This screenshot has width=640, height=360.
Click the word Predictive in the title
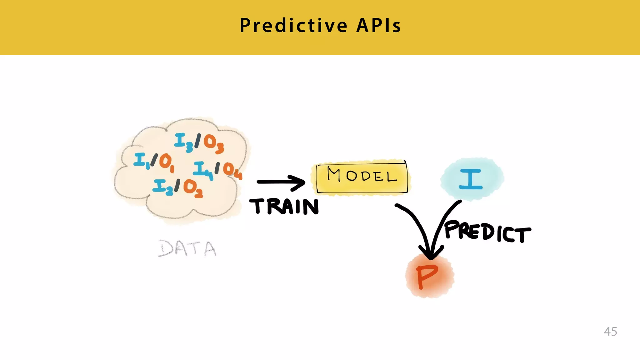(293, 26)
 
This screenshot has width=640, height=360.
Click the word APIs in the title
(378, 26)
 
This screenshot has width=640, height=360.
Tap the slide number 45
(610, 331)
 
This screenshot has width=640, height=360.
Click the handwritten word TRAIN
(284, 207)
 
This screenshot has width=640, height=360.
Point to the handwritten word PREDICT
(487, 232)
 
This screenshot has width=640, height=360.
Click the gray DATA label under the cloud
(187, 248)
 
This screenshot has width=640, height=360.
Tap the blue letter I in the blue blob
(471, 179)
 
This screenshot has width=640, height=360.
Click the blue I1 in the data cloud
(141, 161)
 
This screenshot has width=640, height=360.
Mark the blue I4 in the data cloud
(202, 170)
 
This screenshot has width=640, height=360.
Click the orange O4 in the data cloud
(232, 171)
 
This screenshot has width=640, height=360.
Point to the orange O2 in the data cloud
(192, 188)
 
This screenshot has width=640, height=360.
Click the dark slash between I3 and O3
(197, 141)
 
